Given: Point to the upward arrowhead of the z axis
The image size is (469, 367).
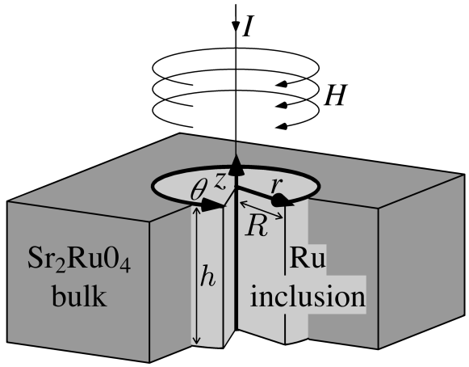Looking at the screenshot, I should coord(236,164).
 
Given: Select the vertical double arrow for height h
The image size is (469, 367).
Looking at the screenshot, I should coord(195,275).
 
